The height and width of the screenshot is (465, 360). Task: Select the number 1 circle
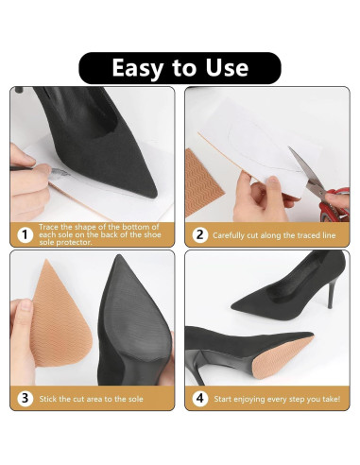tap(24, 234)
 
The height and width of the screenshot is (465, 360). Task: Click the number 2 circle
tap(199, 234)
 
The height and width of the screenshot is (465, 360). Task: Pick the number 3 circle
tap(24, 398)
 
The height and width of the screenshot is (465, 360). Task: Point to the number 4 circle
tap(199, 398)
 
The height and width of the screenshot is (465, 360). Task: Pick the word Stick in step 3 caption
tap(49, 398)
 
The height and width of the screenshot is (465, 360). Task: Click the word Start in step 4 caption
tap(223, 398)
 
